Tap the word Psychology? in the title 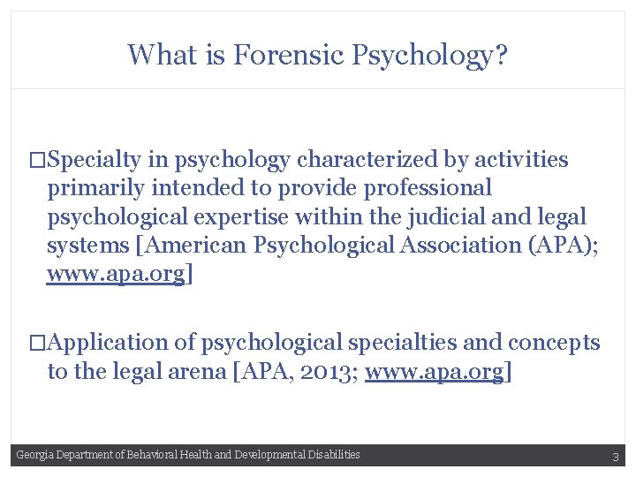tap(430, 56)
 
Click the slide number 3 tap(615, 457)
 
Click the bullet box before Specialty tap(36, 161)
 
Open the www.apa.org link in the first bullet tap(116, 274)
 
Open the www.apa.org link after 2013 tap(434, 372)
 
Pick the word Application tap(109, 343)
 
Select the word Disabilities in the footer tap(330, 455)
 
